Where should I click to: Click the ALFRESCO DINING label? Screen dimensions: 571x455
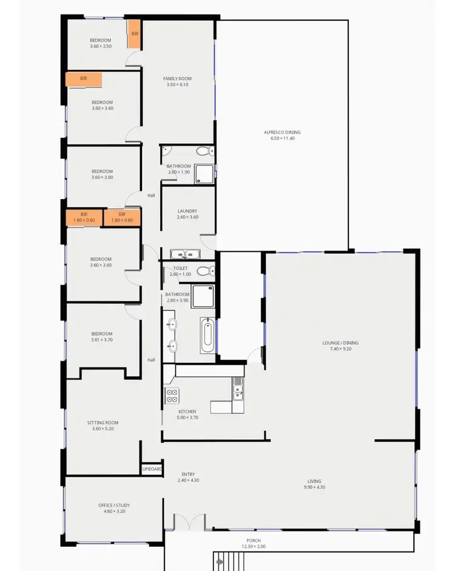281,132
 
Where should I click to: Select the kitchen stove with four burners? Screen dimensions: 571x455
171,396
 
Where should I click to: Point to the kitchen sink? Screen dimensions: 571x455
238,388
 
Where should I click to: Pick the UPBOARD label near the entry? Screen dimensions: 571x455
152,469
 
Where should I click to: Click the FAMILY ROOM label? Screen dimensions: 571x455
177,79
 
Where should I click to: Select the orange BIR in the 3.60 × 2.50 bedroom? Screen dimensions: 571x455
134,35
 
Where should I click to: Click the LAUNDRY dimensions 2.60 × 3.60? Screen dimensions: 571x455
187,217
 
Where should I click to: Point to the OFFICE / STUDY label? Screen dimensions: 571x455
114,505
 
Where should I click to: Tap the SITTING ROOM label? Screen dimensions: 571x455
103,422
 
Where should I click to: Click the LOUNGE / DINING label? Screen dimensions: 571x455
340,343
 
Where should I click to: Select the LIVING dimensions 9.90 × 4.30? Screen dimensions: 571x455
314,487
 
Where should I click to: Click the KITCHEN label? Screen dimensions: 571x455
187,411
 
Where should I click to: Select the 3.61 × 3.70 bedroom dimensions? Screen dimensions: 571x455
102,340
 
